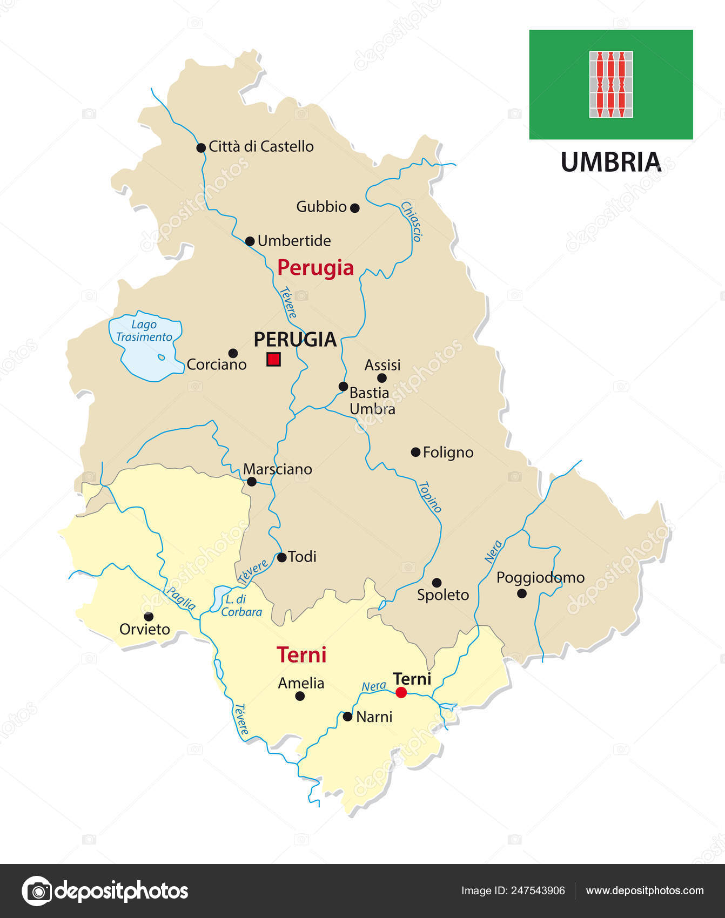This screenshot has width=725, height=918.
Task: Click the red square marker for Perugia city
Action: [274, 359]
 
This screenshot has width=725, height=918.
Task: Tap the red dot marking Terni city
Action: [401, 692]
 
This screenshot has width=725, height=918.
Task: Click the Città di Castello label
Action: [261, 146]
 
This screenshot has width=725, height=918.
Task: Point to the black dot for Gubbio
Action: [355, 208]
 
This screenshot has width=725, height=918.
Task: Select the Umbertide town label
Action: [294, 240]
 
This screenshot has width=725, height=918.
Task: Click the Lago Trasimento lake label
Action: [144, 330]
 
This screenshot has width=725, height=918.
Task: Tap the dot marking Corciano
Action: [233, 353]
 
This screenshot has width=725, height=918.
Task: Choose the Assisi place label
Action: [382, 365]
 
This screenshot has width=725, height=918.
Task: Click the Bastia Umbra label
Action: [372, 401]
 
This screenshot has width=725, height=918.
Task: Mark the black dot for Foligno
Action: [415, 452]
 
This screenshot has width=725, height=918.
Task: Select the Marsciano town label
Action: [278, 469]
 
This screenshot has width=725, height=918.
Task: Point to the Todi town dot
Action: [281, 557]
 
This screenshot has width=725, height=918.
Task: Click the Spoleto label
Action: [443, 595]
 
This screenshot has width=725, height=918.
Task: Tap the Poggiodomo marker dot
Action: [522, 593]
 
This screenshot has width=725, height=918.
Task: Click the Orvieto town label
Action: [145, 629]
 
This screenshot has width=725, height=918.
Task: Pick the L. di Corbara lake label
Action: [241, 605]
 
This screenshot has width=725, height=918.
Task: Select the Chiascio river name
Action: [411, 221]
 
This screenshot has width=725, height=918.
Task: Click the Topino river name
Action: [430, 497]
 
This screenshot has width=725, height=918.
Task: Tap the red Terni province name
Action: [301, 655]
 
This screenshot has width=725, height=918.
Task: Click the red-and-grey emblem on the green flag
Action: [611, 84]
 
